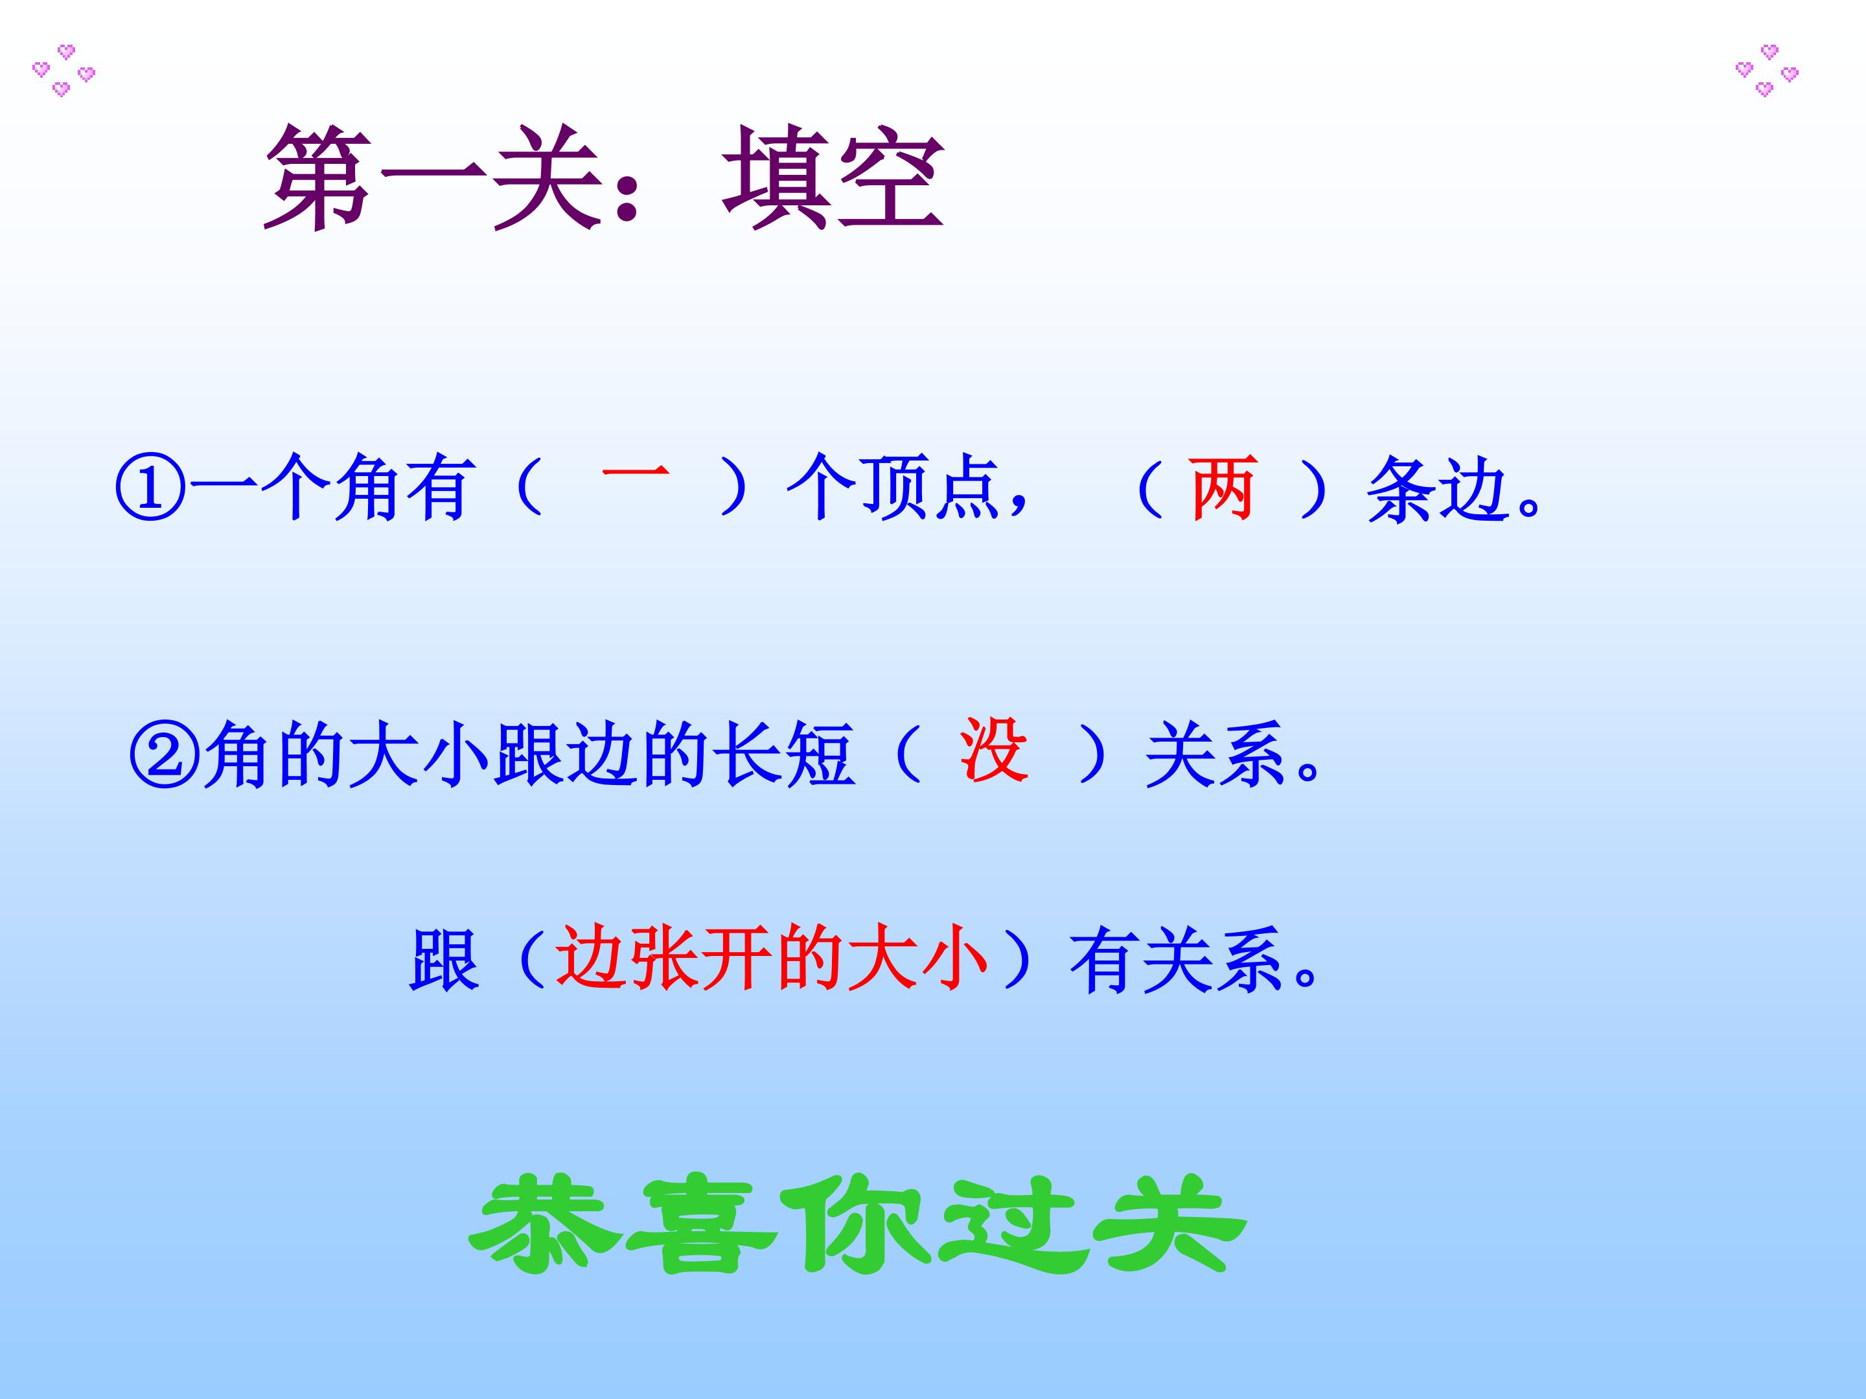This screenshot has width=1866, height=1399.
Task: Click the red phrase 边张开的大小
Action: (771, 960)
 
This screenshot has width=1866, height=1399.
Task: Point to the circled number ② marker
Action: (165, 754)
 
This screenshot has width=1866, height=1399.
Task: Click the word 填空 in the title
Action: (833, 179)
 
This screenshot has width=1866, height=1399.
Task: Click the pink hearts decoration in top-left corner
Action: (63, 70)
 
